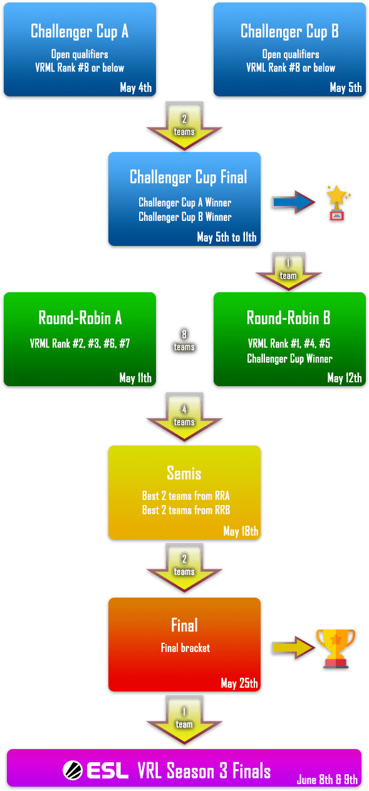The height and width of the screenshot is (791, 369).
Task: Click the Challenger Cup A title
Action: pos(80,31)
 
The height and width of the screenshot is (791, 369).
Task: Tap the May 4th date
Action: pos(136,87)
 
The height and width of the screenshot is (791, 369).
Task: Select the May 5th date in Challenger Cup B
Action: pos(346,87)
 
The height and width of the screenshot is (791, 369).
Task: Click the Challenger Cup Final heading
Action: pos(188,177)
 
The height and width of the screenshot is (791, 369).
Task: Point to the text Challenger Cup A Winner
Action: pos(185,202)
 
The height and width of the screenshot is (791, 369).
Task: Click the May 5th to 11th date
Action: pos(227,237)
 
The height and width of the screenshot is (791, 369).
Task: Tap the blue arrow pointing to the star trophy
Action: pos(294,202)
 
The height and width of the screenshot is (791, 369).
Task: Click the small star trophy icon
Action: pos(338,203)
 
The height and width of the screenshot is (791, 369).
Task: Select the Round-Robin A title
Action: pos(80,318)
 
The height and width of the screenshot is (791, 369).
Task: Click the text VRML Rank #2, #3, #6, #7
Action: pos(80,343)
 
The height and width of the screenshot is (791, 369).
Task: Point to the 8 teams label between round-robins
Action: pos(184,340)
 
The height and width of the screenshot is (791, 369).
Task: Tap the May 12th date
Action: pos(345,378)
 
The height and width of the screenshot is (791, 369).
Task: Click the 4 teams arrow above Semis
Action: pos(184,417)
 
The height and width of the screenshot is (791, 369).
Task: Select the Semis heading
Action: pos(184,473)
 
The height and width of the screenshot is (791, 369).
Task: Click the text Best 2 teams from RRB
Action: pos(186,510)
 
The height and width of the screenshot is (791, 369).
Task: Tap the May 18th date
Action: pos(241,531)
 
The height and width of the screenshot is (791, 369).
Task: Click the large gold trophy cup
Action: pos(336,648)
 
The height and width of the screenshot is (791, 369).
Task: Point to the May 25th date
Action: pos(239,683)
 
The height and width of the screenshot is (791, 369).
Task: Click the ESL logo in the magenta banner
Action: pos(95,770)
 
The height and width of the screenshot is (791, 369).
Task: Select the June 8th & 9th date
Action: pos(327,779)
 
